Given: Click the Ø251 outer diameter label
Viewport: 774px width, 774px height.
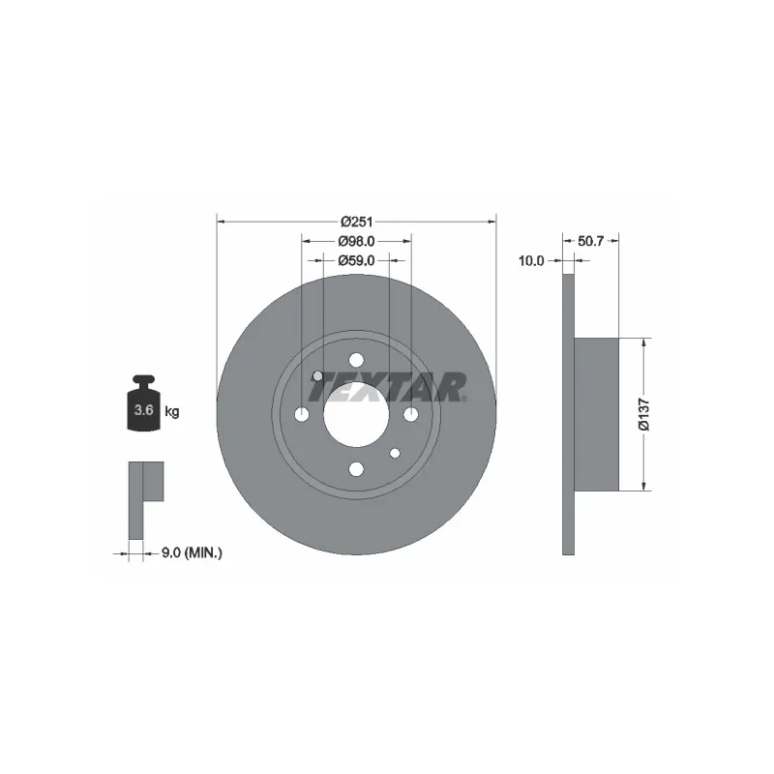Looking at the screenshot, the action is tap(356, 222).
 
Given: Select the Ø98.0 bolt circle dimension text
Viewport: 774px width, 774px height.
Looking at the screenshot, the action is tap(356, 241).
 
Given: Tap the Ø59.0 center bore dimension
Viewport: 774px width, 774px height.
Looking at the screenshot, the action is tap(356, 260).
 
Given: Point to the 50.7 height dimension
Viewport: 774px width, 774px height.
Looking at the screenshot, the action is tap(590, 241).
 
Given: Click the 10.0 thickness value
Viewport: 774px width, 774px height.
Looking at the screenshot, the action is tap(530, 260).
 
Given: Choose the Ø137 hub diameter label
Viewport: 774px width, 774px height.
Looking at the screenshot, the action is tap(644, 414).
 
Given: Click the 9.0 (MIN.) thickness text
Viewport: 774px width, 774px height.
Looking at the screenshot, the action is tap(192, 552).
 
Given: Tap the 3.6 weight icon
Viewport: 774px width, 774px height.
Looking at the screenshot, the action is tap(143, 402).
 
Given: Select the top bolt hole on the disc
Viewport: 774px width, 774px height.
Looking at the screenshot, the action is tap(356, 360).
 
